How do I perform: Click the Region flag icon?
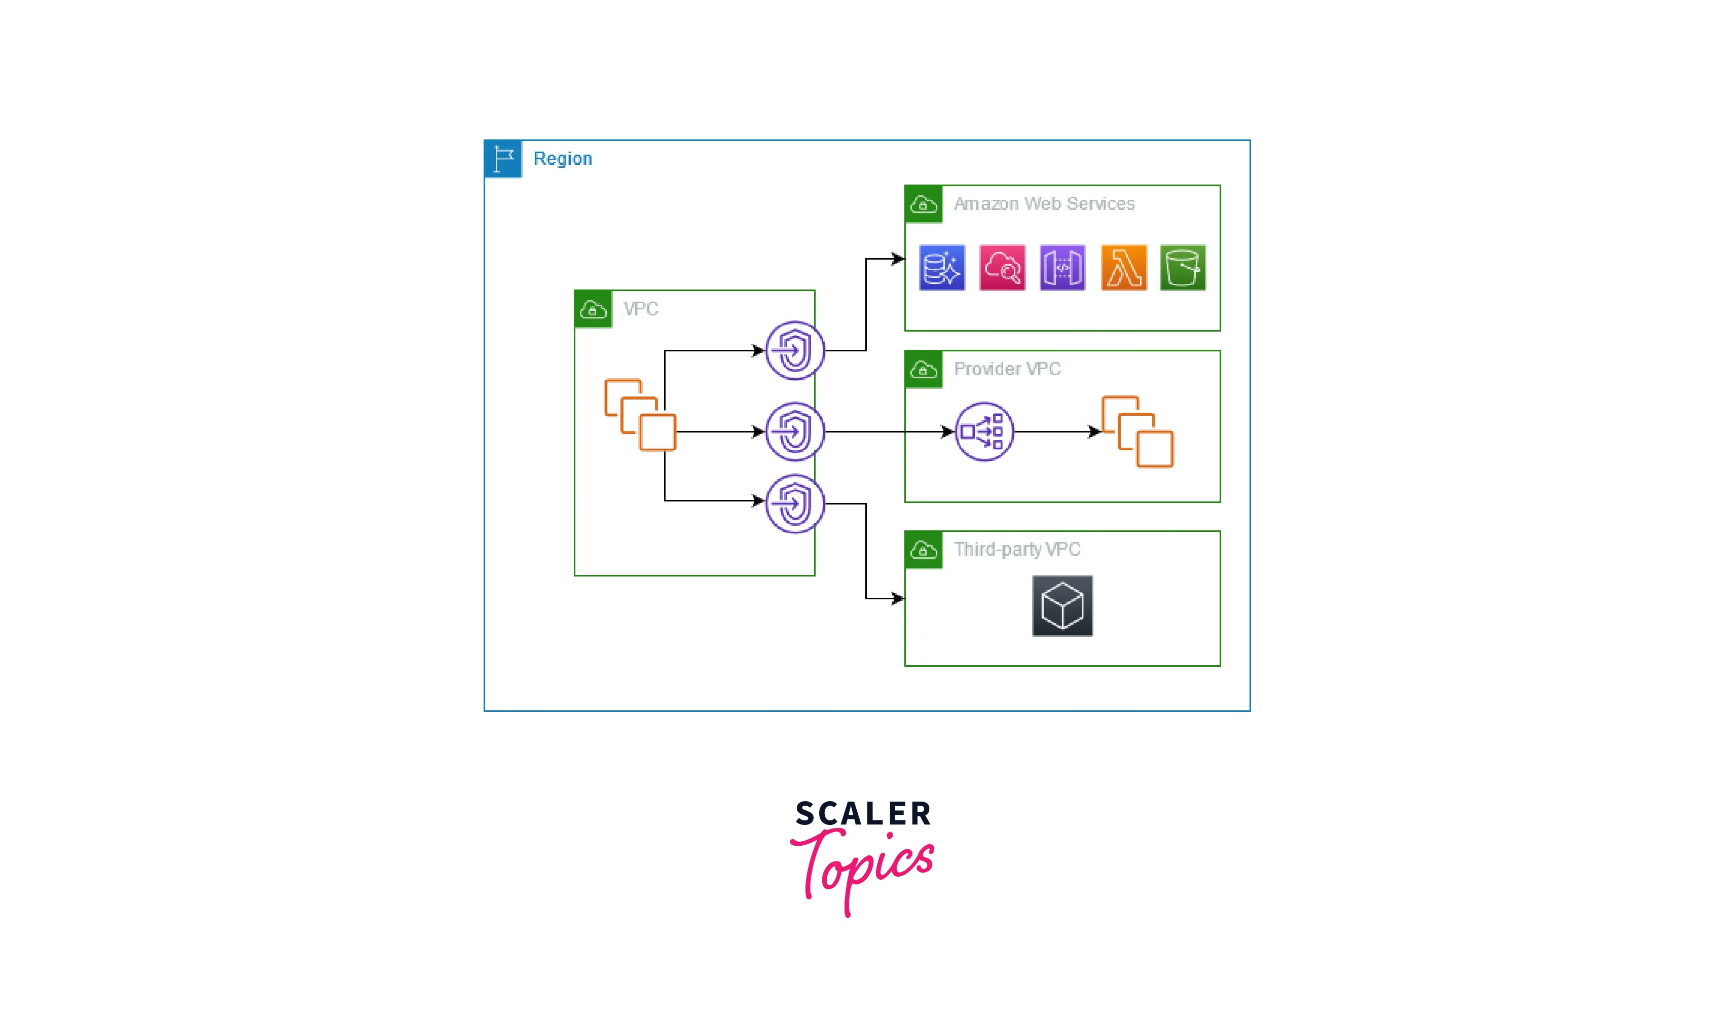503,159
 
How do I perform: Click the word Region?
562,159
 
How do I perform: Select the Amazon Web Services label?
1043,204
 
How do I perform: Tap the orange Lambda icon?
1123,268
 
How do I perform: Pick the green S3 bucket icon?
1183,268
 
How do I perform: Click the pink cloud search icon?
1002,268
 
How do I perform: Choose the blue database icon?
942,268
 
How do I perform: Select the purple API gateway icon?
1062,268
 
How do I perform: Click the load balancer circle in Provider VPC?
984,432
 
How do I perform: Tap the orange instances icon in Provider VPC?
1138,432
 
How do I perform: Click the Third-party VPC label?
1017,550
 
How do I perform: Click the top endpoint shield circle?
795,351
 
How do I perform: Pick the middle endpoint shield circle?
795,432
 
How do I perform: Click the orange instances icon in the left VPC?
640,415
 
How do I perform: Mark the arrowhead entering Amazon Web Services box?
898,259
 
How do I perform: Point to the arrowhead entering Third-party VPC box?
898,599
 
